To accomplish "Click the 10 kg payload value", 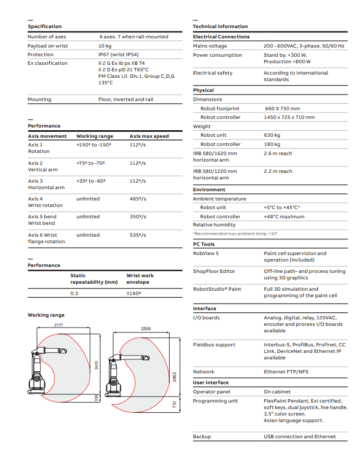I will [x=104, y=46].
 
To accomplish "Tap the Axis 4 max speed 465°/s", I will [x=138, y=199].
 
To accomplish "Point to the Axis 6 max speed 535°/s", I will [x=138, y=235].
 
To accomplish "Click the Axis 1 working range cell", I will [x=94, y=145].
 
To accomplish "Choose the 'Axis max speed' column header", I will [x=149, y=136].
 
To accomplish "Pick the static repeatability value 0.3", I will [x=74, y=293].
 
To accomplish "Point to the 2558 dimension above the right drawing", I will [x=146, y=329].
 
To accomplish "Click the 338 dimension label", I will [x=97, y=398].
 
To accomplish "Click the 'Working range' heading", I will [x=46, y=315].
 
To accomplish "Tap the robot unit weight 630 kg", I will [x=272, y=135].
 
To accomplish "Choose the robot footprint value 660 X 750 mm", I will [x=282, y=109].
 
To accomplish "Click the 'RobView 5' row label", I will [x=206, y=253].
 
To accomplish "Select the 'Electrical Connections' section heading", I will [x=221, y=37].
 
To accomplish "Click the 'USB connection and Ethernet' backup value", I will [x=299, y=437].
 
